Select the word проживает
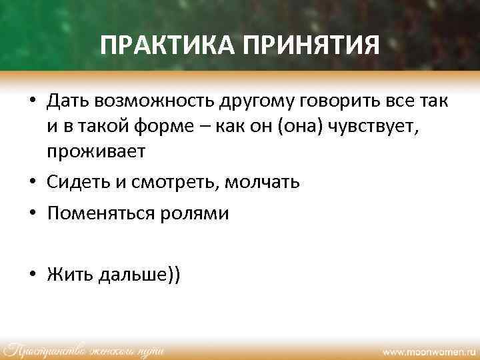click(x=95, y=151)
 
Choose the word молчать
click(x=262, y=182)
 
